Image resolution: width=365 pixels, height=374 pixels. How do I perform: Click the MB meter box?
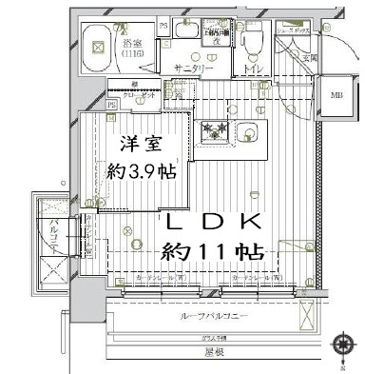click(337, 95)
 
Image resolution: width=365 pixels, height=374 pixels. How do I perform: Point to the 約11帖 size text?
click(212, 253)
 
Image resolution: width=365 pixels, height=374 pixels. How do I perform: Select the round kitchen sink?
click(252, 130)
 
